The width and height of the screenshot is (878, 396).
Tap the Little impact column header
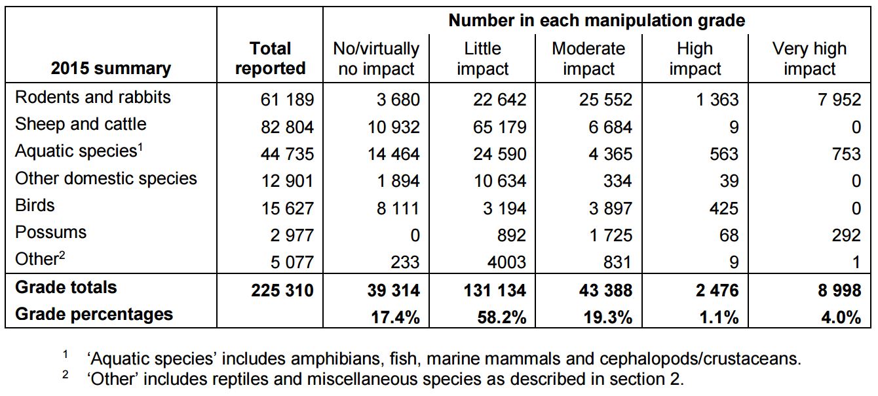point(482,58)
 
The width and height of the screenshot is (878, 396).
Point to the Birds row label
point(35,205)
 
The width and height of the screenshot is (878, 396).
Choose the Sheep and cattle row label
point(81,124)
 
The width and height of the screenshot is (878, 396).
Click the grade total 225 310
point(282,290)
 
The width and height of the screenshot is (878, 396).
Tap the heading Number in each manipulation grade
point(596,20)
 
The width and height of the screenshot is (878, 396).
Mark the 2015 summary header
point(111,68)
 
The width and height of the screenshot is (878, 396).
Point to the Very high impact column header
point(809,58)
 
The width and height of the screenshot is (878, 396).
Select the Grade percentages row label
point(94,314)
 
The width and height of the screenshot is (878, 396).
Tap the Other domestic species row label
point(105,178)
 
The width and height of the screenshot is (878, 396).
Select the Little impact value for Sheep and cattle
point(499,127)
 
